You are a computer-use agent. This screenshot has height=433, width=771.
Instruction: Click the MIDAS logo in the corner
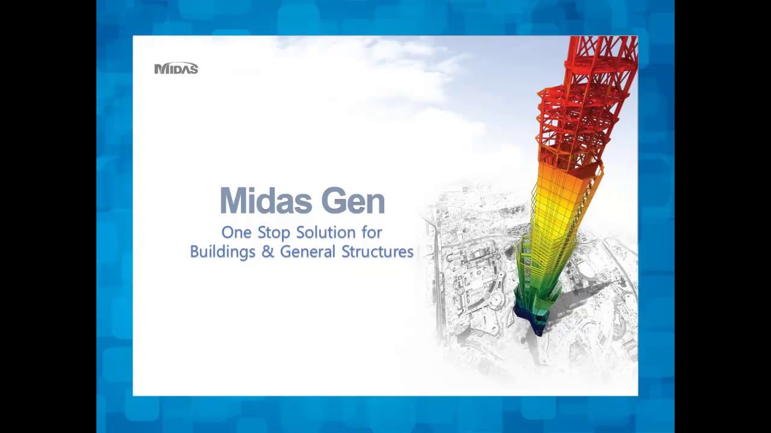pos(176,69)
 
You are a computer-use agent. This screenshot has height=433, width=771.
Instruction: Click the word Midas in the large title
pos(267,201)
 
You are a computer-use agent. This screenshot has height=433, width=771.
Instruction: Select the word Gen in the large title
pos(353,201)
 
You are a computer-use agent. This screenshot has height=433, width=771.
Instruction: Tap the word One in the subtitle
pos(236,232)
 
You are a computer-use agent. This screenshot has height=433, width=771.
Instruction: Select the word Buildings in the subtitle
pos(223,252)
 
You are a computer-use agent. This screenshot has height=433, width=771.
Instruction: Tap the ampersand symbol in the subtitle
pos(267,252)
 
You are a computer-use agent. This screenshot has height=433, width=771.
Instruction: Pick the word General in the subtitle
pos(308,252)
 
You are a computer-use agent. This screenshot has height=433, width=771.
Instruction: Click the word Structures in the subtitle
pos(378,252)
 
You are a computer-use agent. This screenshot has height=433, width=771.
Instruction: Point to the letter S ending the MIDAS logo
pos(193,69)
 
